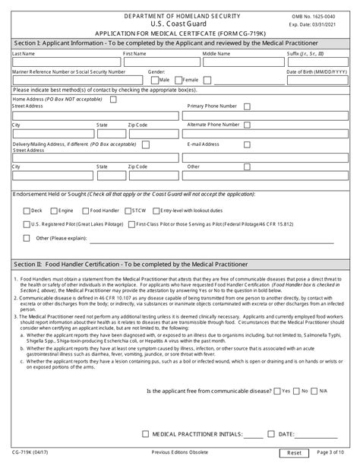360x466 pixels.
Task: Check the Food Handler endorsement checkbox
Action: [85, 209]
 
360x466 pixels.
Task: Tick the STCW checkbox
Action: [127, 209]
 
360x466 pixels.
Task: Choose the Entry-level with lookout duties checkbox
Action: [156, 209]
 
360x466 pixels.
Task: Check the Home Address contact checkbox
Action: [113, 98]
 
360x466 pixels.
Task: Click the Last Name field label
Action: [24, 55]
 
